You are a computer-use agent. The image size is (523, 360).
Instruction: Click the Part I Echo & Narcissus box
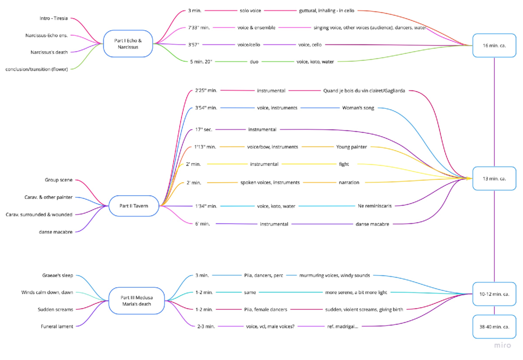(128, 43)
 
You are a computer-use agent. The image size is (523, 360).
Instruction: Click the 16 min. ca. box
(494, 46)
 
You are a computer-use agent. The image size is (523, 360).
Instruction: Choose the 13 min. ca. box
(494, 178)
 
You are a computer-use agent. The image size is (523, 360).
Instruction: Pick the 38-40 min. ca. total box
(494, 327)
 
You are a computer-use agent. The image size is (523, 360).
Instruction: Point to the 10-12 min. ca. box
(494, 294)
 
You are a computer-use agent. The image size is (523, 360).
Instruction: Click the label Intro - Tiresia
(54, 18)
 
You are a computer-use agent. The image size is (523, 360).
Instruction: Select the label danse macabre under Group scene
(55, 232)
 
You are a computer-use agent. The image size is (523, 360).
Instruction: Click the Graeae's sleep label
(58, 275)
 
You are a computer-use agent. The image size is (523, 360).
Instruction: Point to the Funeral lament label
(58, 327)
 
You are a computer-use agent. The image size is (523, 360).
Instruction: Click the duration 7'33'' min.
(199, 27)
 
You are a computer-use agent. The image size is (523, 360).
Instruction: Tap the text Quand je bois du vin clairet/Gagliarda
(364, 91)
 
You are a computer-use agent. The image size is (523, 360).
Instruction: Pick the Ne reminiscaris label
(374, 206)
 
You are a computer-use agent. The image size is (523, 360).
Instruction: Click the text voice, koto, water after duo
(315, 62)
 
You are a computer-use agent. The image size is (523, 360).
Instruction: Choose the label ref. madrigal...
(342, 327)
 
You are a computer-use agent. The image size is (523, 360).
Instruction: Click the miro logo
(503, 346)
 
